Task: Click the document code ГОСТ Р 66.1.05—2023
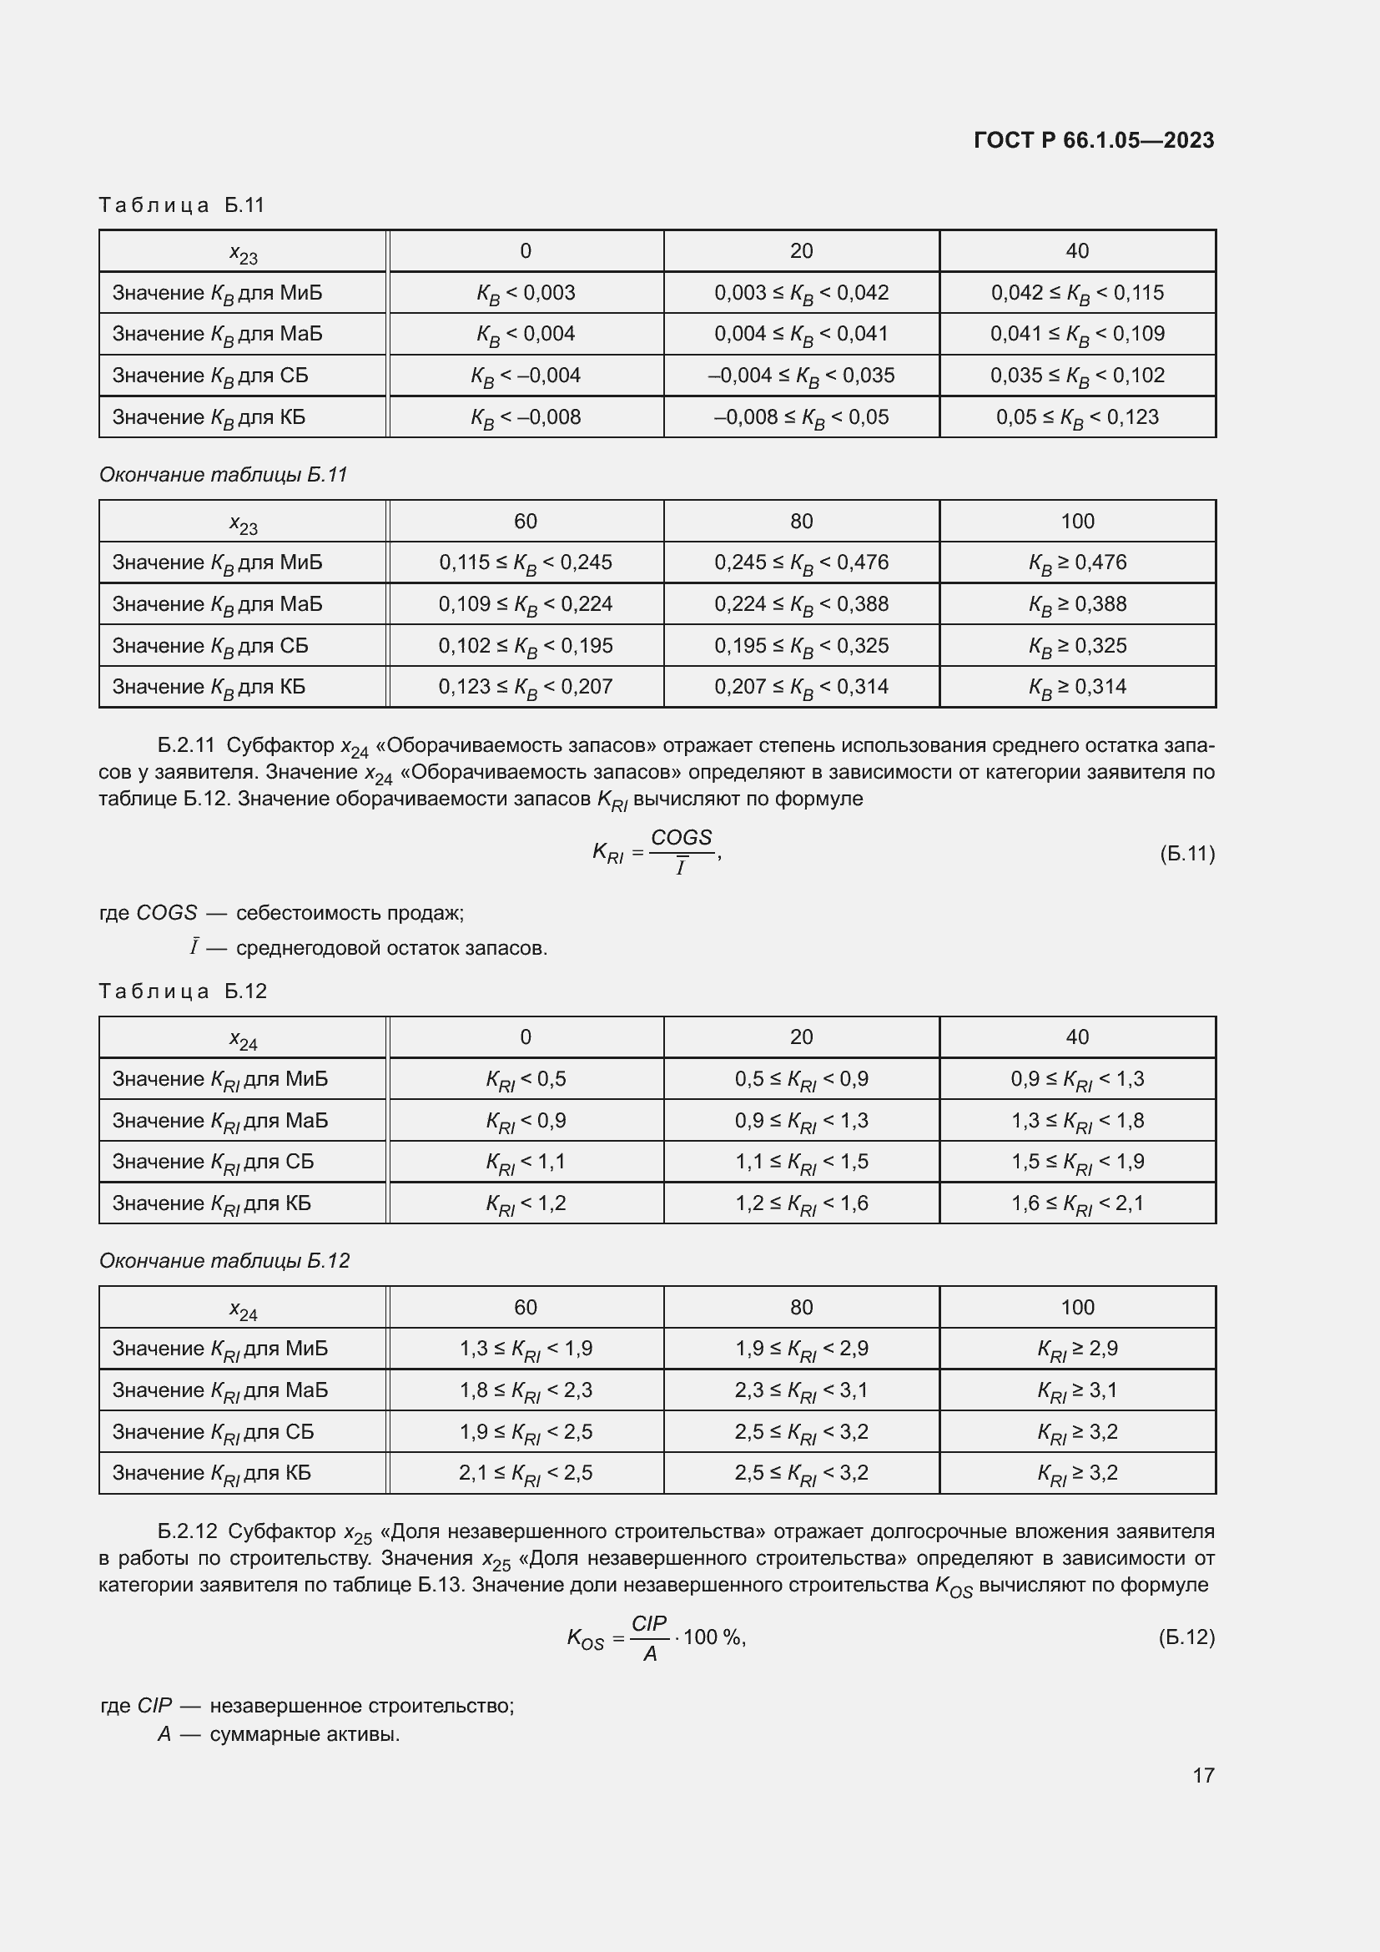pyautogui.click(x=1094, y=140)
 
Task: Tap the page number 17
pyautogui.click(x=1203, y=1775)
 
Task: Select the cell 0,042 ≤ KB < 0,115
pyautogui.click(x=1076, y=293)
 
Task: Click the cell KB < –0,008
pyautogui.click(x=525, y=417)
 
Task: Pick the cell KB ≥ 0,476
pyautogui.click(x=1076, y=562)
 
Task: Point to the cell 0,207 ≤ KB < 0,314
pyautogui.click(x=800, y=687)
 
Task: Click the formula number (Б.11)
pyautogui.click(x=1187, y=854)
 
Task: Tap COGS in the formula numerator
pyautogui.click(x=681, y=837)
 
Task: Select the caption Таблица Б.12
pyautogui.click(x=183, y=991)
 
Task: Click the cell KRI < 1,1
pyautogui.click(x=525, y=1163)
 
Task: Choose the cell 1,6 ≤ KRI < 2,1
pyautogui.click(x=1076, y=1204)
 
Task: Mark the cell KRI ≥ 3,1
pyautogui.click(x=1076, y=1391)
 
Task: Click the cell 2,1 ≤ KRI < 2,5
pyautogui.click(x=525, y=1473)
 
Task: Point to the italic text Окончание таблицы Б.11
pyautogui.click(x=224, y=474)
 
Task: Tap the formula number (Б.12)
pyautogui.click(x=1186, y=1637)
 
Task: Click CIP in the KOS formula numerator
pyautogui.click(x=649, y=1623)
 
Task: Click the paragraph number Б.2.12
pyautogui.click(x=187, y=1531)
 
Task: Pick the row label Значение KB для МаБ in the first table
pyautogui.click(x=218, y=334)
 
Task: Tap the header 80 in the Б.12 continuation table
pyautogui.click(x=800, y=1308)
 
